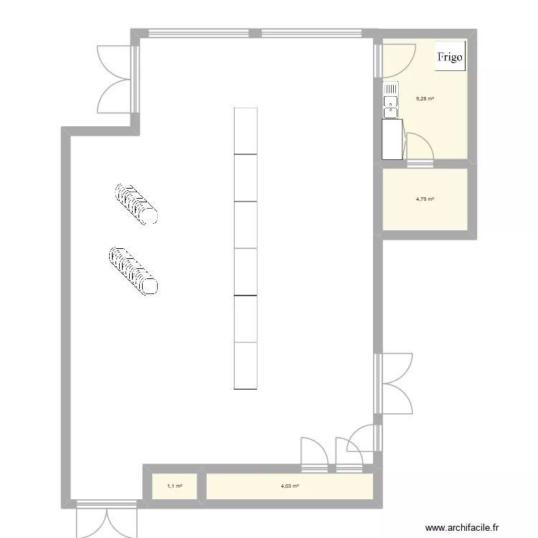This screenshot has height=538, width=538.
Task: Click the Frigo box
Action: pos(450,56)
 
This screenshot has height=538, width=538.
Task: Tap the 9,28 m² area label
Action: pos(425,100)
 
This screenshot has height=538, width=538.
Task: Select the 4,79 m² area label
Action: pos(425,199)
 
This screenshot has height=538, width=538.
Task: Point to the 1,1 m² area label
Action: pos(174,486)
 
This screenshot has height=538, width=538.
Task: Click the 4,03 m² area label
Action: pos(290,486)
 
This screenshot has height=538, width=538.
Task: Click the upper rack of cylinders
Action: pos(136,204)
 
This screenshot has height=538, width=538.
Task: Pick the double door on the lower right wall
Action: pos(395,383)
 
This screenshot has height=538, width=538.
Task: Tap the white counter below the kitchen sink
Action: pos(392,139)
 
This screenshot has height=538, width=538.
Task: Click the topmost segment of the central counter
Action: pos(245,131)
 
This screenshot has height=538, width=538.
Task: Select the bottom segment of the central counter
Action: pos(245,366)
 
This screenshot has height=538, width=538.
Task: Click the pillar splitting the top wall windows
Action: pos(254,32)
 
